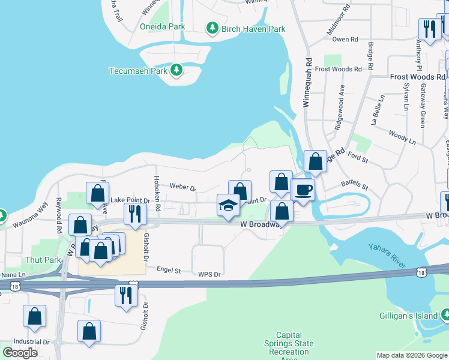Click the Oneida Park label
(x=162, y=27)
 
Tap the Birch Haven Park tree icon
(x=212, y=28)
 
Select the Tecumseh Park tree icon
(x=176, y=70)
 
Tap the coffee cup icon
(x=303, y=190)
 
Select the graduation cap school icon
(x=228, y=206)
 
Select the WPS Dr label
(x=210, y=274)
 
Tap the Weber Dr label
(x=183, y=187)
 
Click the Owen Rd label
(x=345, y=40)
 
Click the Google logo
(x=20, y=352)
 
